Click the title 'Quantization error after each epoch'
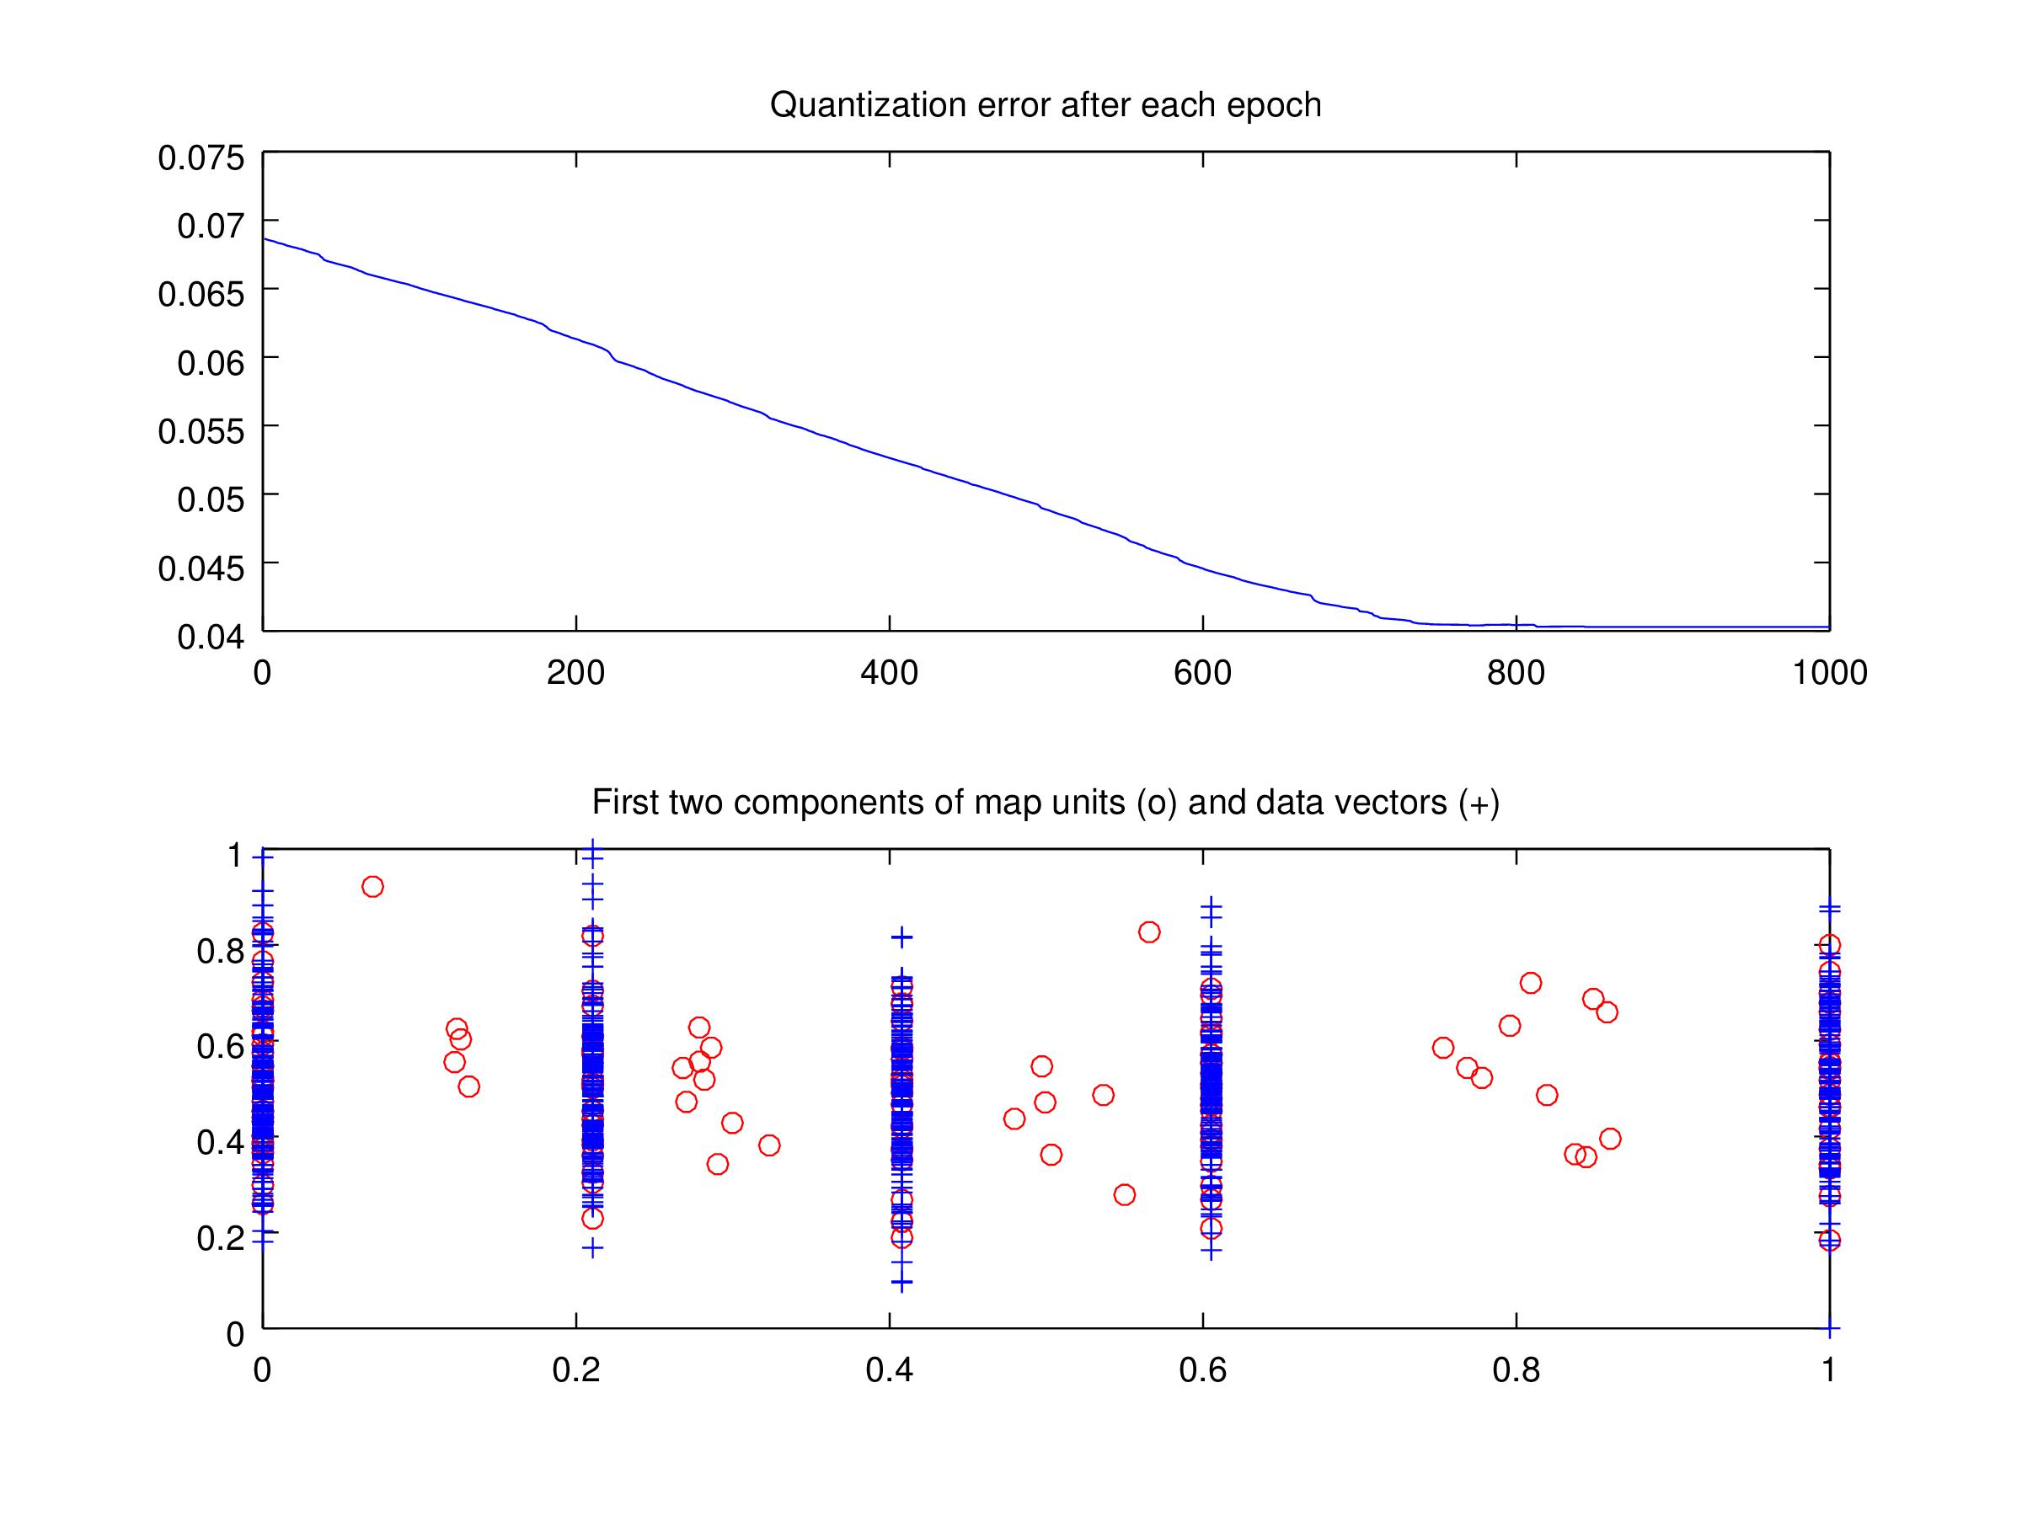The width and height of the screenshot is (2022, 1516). tap(1045, 105)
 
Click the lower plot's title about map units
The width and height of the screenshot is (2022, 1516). tap(1045, 803)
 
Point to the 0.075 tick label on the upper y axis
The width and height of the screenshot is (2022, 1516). tap(201, 157)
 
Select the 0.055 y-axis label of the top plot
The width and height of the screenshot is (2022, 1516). tap(201, 431)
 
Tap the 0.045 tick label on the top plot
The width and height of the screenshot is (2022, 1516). tap(201, 568)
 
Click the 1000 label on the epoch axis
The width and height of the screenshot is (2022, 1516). tap(1828, 674)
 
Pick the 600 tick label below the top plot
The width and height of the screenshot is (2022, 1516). tap(1202, 674)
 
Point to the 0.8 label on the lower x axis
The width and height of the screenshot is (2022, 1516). tap(1516, 1370)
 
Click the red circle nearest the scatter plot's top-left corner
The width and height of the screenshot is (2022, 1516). tap(372, 886)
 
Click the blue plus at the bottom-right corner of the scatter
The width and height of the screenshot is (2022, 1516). tap(1829, 1327)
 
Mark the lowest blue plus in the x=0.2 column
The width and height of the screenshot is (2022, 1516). tap(592, 1247)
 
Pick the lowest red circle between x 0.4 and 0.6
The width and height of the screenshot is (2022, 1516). tap(1125, 1194)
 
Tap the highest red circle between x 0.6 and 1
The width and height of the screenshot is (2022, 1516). tap(1530, 983)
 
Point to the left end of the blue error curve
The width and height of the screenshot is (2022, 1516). tap(265, 239)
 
